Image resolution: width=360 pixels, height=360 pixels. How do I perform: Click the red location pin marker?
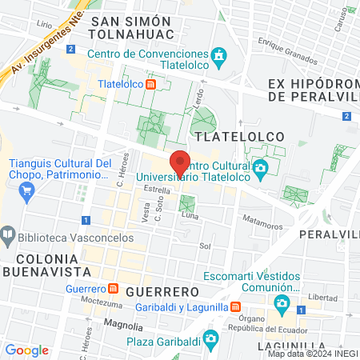click(180, 163)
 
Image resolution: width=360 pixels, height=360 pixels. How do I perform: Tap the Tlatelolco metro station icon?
click(162, 82)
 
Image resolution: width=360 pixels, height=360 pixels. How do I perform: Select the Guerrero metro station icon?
click(114, 288)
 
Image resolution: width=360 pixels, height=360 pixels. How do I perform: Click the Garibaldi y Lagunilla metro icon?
click(236, 307)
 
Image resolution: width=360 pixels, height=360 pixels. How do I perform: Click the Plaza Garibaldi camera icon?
click(210, 340)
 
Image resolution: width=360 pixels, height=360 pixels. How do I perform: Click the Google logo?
click(27, 350)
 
